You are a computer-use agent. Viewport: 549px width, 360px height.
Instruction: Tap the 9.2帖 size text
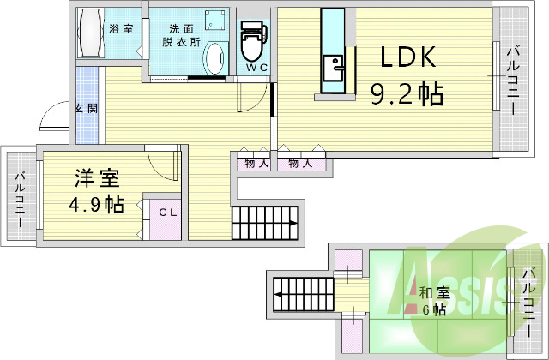click(x=407, y=93)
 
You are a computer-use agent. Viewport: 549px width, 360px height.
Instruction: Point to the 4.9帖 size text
click(x=96, y=205)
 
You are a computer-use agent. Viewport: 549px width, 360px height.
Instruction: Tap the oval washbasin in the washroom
click(x=214, y=59)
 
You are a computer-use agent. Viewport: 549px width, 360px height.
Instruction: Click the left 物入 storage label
click(x=255, y=162)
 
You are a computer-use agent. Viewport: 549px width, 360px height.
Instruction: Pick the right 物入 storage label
click(x=299, y=162)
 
